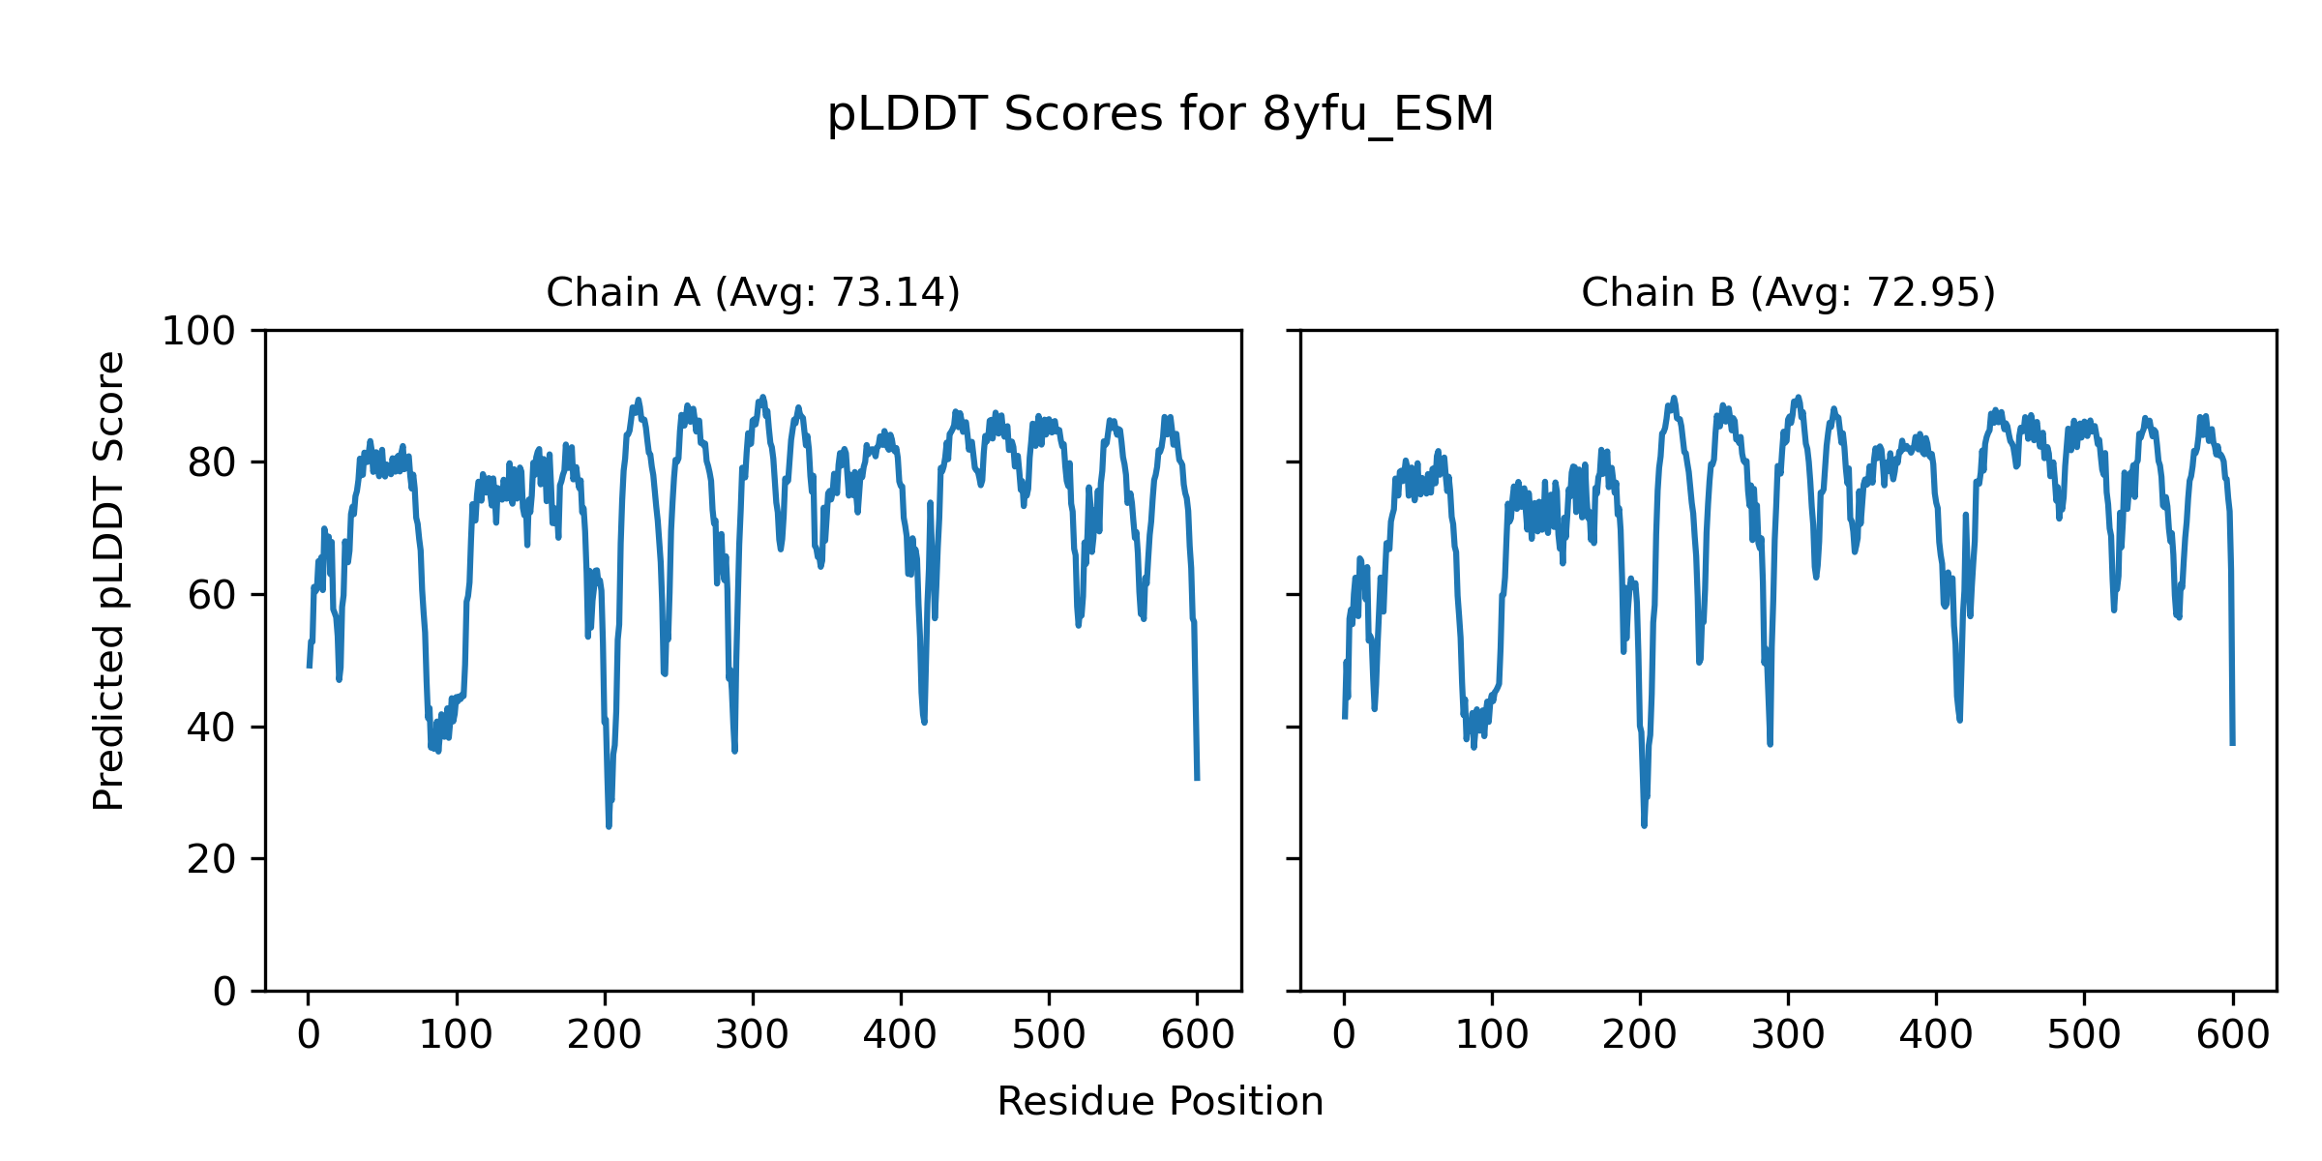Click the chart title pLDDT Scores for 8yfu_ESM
point(1160,115)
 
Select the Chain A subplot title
point(753,292)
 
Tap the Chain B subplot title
point(1788,292)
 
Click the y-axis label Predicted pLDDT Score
point(109,580)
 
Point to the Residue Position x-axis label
point(1160,1102)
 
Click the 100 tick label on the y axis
point(198,332)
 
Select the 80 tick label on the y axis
point(211,463)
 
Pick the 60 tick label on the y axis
point(211,595)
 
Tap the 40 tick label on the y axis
point(211,728)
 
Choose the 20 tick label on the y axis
point(211,859)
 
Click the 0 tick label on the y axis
point(224,992)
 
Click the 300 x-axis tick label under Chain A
point(753,1035)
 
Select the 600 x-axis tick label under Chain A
point(1197,1035)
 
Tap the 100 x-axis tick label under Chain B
point(1492,1035)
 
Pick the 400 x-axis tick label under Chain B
point(1936,1035)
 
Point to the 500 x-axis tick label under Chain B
point(2084,1035)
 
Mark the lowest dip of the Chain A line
point(609,826)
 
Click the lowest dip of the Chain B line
point(1644,825)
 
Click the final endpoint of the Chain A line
point(1197,779)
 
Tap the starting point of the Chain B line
point(1344,717)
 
